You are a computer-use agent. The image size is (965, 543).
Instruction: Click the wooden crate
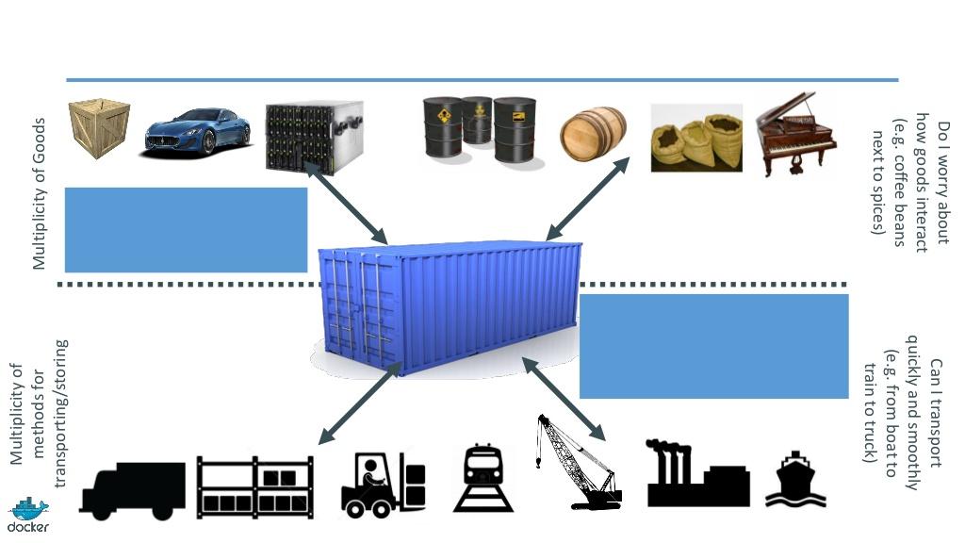(99, 128)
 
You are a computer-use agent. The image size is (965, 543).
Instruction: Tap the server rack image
(314, 136)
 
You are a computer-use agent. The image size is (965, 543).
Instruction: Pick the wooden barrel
(593, 134)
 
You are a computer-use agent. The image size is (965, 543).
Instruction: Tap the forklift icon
(383, 485)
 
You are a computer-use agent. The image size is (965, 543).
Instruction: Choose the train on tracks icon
(483, 478)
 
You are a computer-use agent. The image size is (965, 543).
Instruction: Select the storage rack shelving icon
(254, 486)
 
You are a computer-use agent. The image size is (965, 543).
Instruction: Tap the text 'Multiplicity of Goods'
(39, 193)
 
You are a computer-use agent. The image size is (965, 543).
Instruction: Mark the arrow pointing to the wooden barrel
(588, 197)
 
